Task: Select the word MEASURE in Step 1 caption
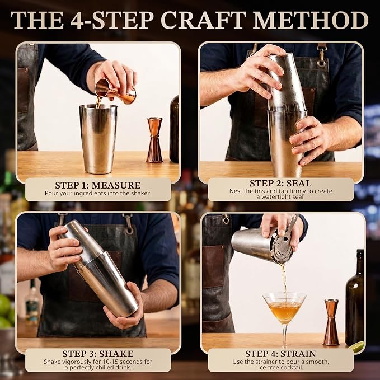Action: pos(116,185)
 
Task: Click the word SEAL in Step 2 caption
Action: pos(298,183)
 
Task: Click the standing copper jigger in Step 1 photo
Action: pos(154,140)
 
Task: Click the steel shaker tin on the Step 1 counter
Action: pos(98,139)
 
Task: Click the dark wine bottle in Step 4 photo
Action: pos(355,298)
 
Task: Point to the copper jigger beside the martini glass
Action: pos(331,322)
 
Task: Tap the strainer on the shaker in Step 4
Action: pos(284,247)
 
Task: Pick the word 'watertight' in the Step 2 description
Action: pos(275,196)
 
